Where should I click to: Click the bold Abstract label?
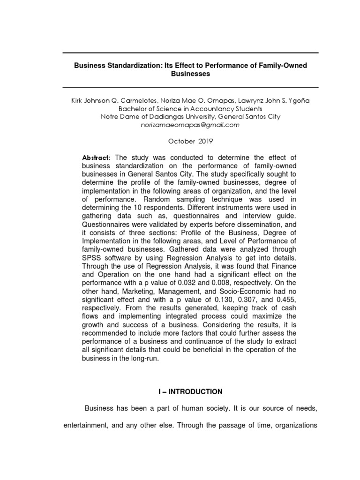[x=96, y=157]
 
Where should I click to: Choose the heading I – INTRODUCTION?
[x=190, y=391]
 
